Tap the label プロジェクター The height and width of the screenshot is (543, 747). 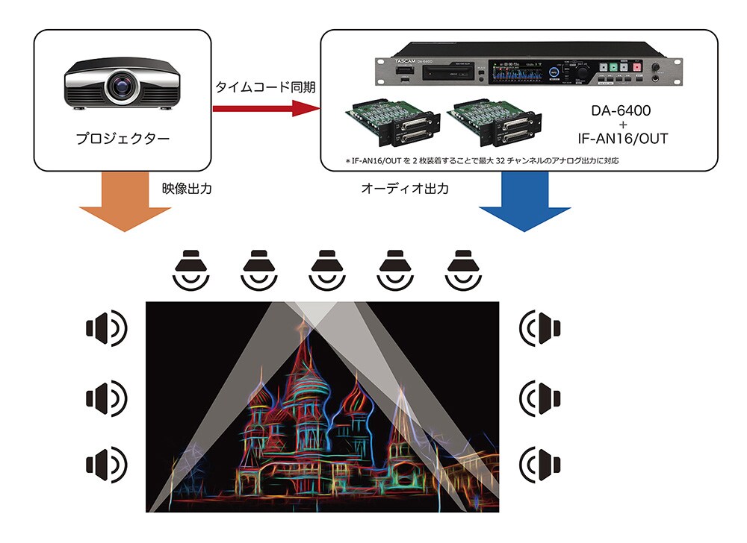pyautogui.click(x=123, y=139)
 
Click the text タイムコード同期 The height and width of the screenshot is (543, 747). pyautogui.click(x=265, y=87)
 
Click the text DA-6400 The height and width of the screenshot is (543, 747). pyautogui.click(x=620, y=111)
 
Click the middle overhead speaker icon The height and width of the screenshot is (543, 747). pyautogui.click(x=326, y=269)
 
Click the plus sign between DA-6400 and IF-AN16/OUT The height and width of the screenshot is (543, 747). pyautogui.click(x=620, y=125)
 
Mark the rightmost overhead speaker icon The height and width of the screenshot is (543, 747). pyautogui.click(x=461, y=269)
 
